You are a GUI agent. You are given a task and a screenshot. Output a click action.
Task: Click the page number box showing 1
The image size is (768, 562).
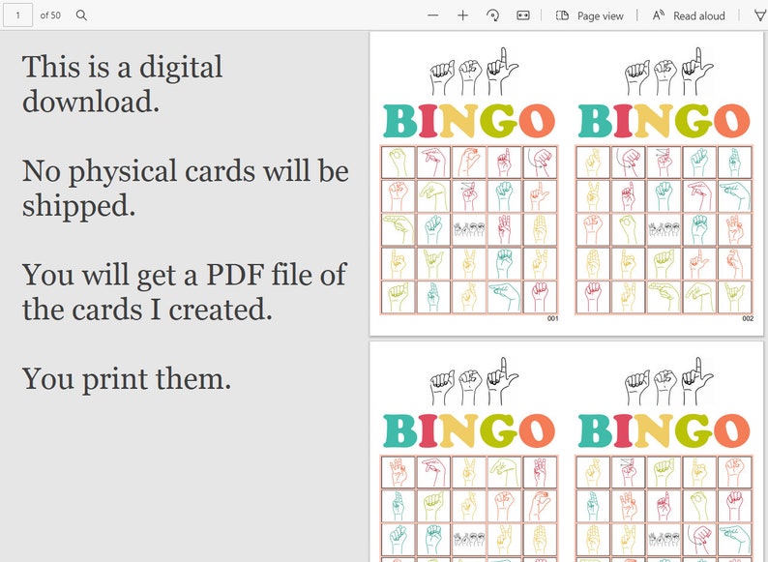tap(17, 15)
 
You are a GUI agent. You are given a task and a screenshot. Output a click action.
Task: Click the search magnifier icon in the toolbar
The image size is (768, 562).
tap(81, 15)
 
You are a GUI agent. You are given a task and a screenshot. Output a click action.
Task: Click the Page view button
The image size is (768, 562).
tap(590, 15)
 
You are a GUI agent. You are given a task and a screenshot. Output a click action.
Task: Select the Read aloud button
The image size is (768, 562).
tap(689, 15)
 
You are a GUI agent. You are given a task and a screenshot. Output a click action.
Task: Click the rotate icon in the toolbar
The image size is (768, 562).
tap(492, 15)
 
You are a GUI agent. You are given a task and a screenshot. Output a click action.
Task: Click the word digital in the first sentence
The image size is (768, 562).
tap(181, 68)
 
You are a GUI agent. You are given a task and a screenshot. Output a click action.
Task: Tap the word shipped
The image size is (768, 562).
tap(77, 205)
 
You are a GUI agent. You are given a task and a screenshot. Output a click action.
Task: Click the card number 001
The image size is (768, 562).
tap(552, 318)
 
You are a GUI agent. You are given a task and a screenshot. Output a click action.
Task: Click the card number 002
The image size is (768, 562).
tap(748, 318)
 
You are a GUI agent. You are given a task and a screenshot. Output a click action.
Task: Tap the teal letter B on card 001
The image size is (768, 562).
tap(400, 121)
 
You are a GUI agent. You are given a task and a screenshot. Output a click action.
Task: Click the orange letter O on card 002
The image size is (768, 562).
tap(730, 121)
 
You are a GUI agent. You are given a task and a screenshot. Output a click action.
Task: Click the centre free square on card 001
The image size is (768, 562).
tap(469, 229)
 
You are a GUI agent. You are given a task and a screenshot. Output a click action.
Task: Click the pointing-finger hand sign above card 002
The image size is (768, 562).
tap(691, 70)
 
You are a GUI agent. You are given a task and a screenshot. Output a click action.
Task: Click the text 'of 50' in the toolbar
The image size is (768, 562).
tap(50, 15)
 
